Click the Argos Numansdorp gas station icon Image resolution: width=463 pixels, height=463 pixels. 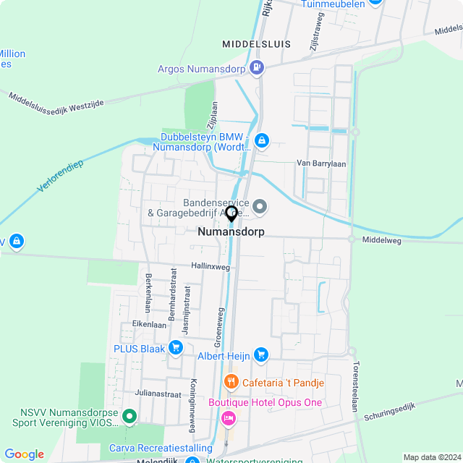(x=256, y=69)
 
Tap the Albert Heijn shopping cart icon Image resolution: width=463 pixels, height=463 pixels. (x=260, y=355)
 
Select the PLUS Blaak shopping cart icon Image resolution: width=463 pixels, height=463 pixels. (x=175, y=348)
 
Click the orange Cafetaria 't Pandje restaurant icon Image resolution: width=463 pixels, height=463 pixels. (x=231, y=382)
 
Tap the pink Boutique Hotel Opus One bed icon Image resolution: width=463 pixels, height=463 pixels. (x=229, y=417)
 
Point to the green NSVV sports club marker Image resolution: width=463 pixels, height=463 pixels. (x=129, y=416)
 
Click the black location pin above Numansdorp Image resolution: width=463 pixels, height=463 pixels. (x=231, y=214)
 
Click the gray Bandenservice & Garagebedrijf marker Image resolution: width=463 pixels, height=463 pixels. (x=260, y=208)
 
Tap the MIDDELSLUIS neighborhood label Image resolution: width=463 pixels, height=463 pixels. (x=257, y=44)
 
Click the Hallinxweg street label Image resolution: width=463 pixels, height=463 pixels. (x=211, y=267)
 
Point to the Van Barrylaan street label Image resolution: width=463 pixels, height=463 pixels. (x=321, y=163)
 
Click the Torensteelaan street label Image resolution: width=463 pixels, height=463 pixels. (x=354, y=387)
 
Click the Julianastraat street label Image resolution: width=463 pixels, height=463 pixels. (x=157, y=394)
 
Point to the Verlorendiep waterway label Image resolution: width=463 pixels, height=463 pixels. (x=61, y=176)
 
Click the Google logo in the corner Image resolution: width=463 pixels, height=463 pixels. (x=24, y=454)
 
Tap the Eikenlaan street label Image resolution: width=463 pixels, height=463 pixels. (x=149, y=325)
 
